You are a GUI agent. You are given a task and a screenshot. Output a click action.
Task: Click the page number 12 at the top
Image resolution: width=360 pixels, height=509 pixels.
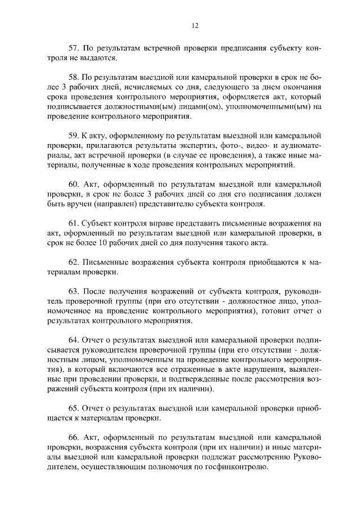coord(195,25)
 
